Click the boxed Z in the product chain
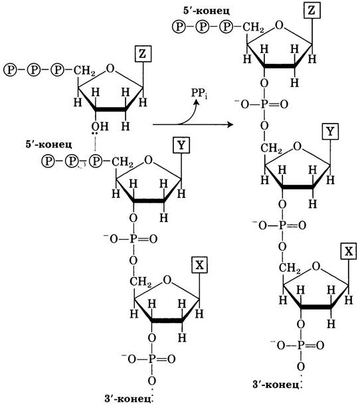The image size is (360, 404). [312, 11]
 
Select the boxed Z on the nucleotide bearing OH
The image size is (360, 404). [143, 54]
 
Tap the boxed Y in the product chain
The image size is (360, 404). [330, 132]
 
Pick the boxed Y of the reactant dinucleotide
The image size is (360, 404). [181, 146]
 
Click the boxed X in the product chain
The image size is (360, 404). [349, 251]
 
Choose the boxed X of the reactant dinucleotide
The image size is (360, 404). [199, 264]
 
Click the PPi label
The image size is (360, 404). [199, 94]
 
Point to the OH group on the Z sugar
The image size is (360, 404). [100, 126]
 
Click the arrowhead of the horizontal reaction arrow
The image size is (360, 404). [230, 125]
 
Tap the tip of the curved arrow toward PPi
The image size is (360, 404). [197, 101]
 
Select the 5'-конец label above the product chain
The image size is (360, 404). [206, 11]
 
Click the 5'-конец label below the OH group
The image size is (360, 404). [48, 144]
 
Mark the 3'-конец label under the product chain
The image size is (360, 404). [276, 385]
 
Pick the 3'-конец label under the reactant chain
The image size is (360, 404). [128, 399]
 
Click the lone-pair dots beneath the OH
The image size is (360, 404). [95, 134]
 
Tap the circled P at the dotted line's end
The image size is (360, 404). [96, 161]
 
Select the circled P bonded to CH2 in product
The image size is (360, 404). [226, 27]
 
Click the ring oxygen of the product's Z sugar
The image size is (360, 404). [279, 25]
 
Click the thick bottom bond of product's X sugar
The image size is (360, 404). [315, 307]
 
